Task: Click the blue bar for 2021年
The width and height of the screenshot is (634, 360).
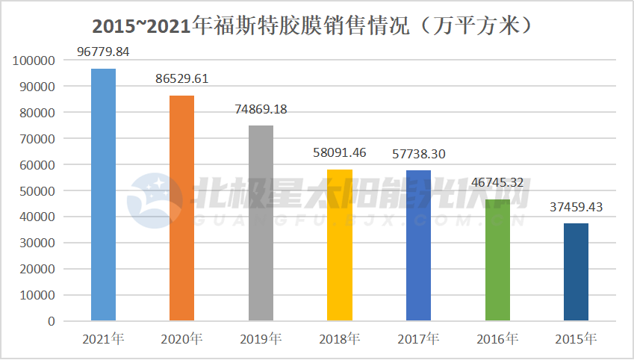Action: [103, 195]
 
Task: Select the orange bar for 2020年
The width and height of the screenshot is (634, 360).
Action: [181, 208]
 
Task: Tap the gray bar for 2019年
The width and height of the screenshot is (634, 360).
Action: [261, 223]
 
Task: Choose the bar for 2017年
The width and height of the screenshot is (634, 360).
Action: [418, 246]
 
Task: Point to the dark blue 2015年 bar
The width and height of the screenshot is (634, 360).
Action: [576, 272]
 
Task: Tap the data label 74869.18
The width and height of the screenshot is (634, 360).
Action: [261, 109]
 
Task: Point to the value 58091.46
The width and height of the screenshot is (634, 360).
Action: [340, 153]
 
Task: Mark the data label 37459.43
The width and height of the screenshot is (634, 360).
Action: [576, 207]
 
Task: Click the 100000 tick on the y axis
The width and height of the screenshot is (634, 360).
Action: [34, 60]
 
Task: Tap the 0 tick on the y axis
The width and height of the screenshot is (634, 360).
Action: [51, 321]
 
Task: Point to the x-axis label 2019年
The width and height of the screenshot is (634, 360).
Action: [261, 339]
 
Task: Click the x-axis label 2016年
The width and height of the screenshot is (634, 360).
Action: [497, 339]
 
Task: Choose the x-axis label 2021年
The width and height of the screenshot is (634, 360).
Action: [103, 339]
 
